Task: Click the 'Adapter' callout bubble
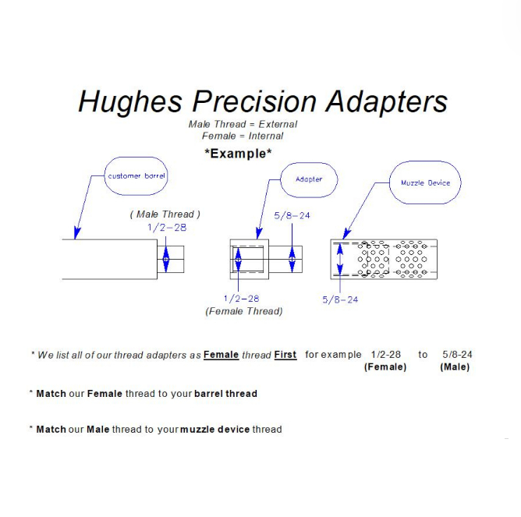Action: [x=309, y=179]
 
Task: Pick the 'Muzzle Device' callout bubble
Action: [x=425, y=182]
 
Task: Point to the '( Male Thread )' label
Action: [x=165, y=214]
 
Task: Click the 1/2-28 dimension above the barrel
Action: [x=167, y=227]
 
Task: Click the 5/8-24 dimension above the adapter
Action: [x=292, y=214]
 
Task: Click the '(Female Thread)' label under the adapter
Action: [x=243, y=311]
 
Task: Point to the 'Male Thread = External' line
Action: [x=243, y=124]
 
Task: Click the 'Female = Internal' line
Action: [x=243, y=136]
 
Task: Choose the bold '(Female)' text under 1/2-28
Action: [x=385, y=367]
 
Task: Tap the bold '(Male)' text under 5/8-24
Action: [x=455, y=367]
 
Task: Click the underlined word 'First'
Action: [x=285, y=355]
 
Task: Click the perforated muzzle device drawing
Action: [x=384, y=259]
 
